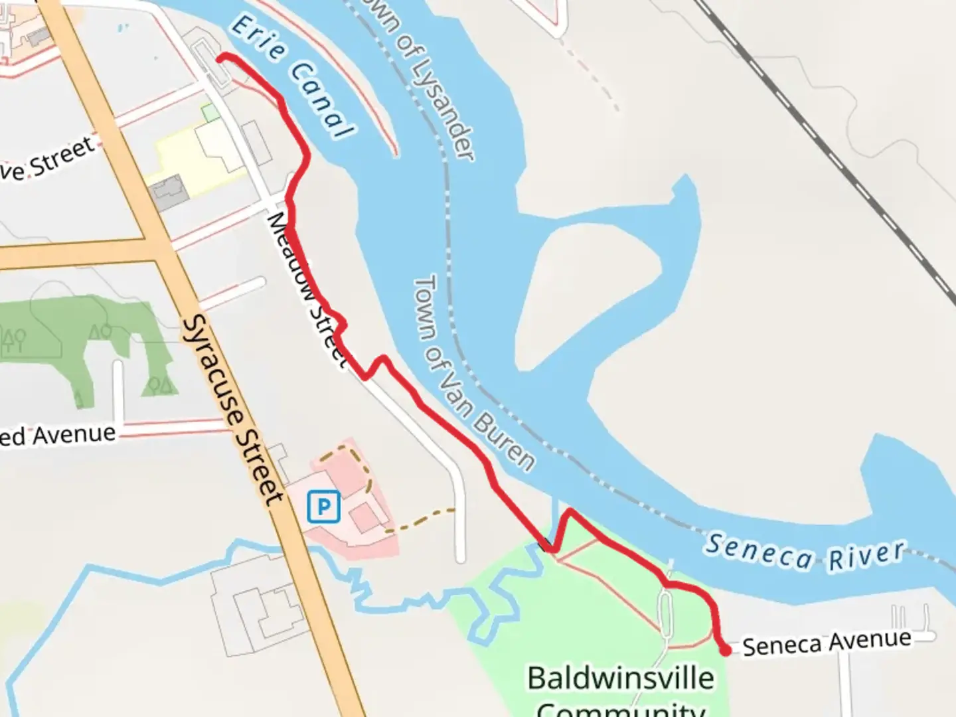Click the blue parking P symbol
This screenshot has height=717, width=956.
324,508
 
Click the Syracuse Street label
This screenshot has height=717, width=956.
233,410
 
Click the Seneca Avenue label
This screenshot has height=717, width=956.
827,642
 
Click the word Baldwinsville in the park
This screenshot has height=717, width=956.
621,678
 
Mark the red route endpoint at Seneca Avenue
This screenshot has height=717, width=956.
726,651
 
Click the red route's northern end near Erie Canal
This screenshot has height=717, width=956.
221,58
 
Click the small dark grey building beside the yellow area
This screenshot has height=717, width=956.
168,192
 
